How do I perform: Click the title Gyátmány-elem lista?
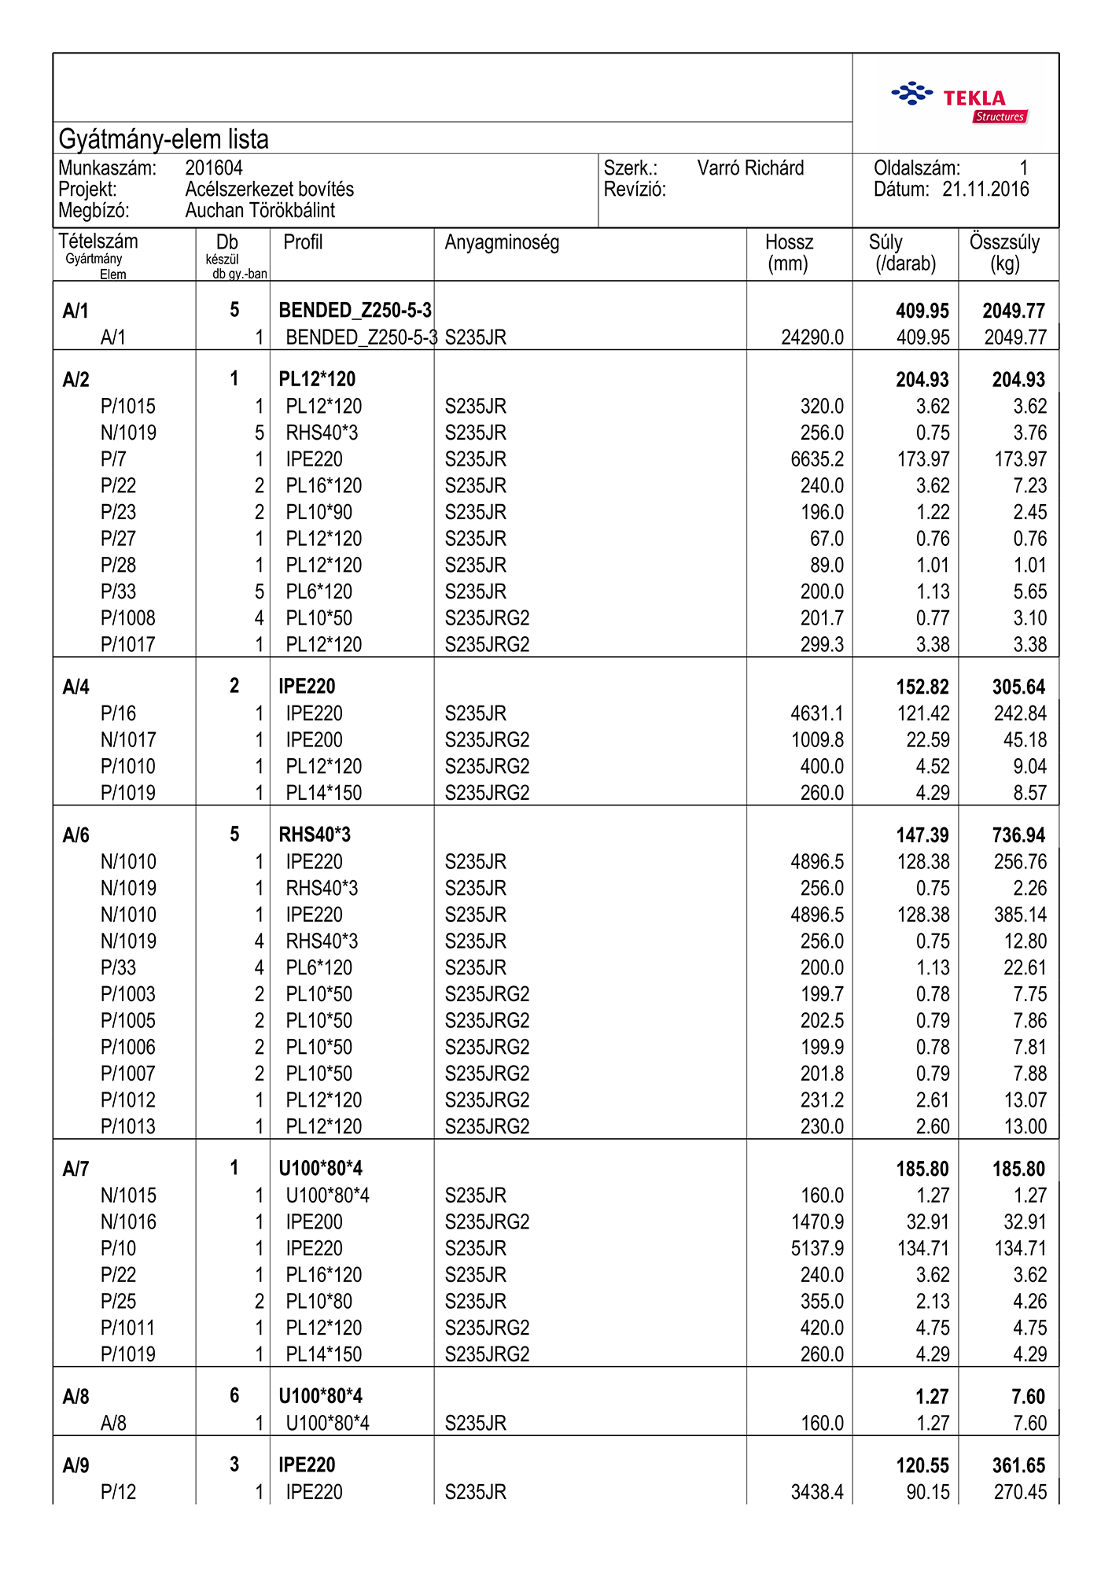point(164,139)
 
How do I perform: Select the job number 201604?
point(214,168)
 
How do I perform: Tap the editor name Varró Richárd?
point(750,168)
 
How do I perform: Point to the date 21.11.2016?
point(985,189)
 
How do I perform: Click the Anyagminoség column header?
point(502,242)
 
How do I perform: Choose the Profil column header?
point(303,242)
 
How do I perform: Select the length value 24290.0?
point(812,337)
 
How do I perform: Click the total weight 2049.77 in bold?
point(1014,311)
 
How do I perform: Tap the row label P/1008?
point(128,618)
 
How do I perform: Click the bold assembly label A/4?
point(76,687)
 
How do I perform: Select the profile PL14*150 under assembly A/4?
point(324,793)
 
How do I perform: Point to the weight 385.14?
point(1020,915)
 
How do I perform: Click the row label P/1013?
point(128,1126)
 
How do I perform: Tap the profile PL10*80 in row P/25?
point(319,1302)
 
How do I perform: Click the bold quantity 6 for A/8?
point(234,1396)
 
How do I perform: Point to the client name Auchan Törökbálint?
point(260,211)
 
